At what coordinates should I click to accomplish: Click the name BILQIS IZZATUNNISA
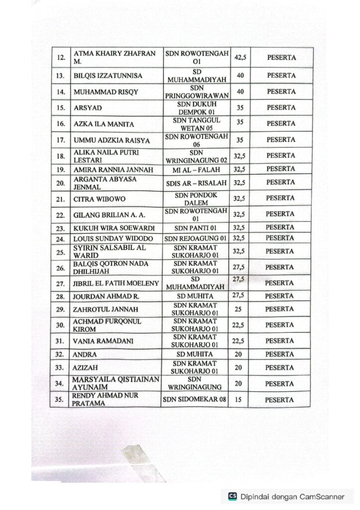pyautogui.click(x=108, y=76)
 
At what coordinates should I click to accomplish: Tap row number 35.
pyautogui.click(x=61, y=399)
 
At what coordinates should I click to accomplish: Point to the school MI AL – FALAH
pyautogui.click(x=196, y=170)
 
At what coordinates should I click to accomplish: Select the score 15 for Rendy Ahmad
pyautogui.click(x=239, y=399)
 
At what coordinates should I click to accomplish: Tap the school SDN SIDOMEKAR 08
pyautogui.click(x=195, y=399)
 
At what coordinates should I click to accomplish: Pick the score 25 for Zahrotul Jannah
pyautogui.click(x=238, y=309)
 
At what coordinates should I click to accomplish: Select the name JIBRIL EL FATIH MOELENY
pyautogui.click(x=116, y=283)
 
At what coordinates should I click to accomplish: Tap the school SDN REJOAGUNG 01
pyautogui.click(x=196, y=239)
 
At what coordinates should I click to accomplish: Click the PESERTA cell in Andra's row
pyautogui.click(x=279, y=355)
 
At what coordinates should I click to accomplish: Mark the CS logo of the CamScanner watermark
pyautogui.click(x=232, y=496)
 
